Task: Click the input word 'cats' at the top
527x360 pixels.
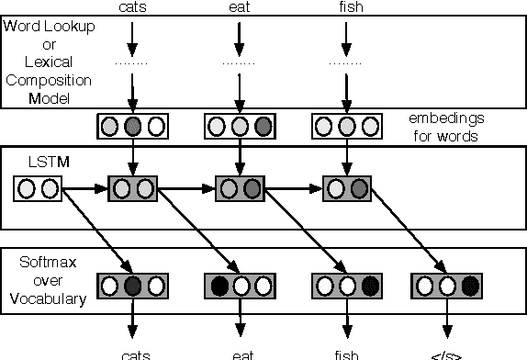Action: click(133, 8)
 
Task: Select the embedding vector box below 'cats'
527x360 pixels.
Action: click(133, 126)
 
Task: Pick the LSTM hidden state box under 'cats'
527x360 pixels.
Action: click(133, 190)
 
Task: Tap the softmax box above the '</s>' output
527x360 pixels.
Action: click(446, 286)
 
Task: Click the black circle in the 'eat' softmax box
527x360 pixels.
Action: click(219, 286)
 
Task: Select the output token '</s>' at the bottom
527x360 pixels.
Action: click(447, 354)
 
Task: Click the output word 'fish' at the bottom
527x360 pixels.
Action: click(345, 354)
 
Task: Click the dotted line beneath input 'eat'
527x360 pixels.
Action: click(239, 63)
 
